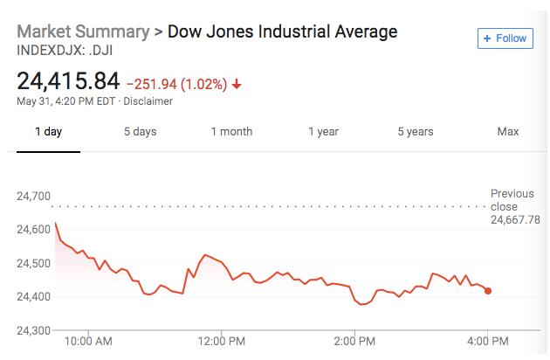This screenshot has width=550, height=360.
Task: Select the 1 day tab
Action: coord(48,132)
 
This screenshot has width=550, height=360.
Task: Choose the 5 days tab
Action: coord(140,132)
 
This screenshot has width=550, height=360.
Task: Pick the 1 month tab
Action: coord(231,132)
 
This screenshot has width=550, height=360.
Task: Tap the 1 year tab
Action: coord(323,132)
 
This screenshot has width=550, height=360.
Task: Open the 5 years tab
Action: coord(415,132)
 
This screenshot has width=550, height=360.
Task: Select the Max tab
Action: coord(508,132)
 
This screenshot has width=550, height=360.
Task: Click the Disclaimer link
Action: coord(149,101)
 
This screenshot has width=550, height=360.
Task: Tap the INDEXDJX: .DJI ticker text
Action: coord(66,51)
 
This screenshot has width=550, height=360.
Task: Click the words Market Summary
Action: coord(83,32)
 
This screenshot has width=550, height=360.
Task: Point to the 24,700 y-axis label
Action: coord(34,196)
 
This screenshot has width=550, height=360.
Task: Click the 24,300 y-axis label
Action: coord(34,330)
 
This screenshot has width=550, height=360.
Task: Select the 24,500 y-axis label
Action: coord(34,263)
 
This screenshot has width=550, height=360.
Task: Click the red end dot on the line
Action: coord(488,291)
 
